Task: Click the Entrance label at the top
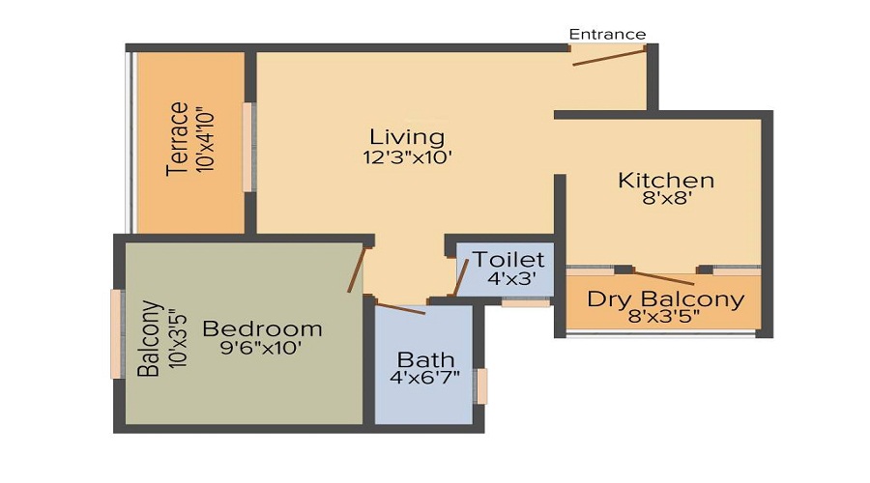[607, 34]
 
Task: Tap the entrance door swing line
[608, 56]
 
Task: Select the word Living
[407, 136]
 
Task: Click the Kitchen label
[666, 180]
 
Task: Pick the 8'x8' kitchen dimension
[666, 200]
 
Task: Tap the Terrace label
[177, 139]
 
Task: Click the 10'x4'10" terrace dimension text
[204, 139]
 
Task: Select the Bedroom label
[262, 328]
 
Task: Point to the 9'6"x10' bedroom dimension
[261, 349]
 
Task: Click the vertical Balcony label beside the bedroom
[148, 339]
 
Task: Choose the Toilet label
[508, 260]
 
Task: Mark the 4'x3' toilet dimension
[508, 279]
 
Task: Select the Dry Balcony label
[666, 298]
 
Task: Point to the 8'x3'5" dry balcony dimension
[666, 317]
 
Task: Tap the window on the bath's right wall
[480, 385]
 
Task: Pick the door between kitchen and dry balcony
[665, 277]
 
